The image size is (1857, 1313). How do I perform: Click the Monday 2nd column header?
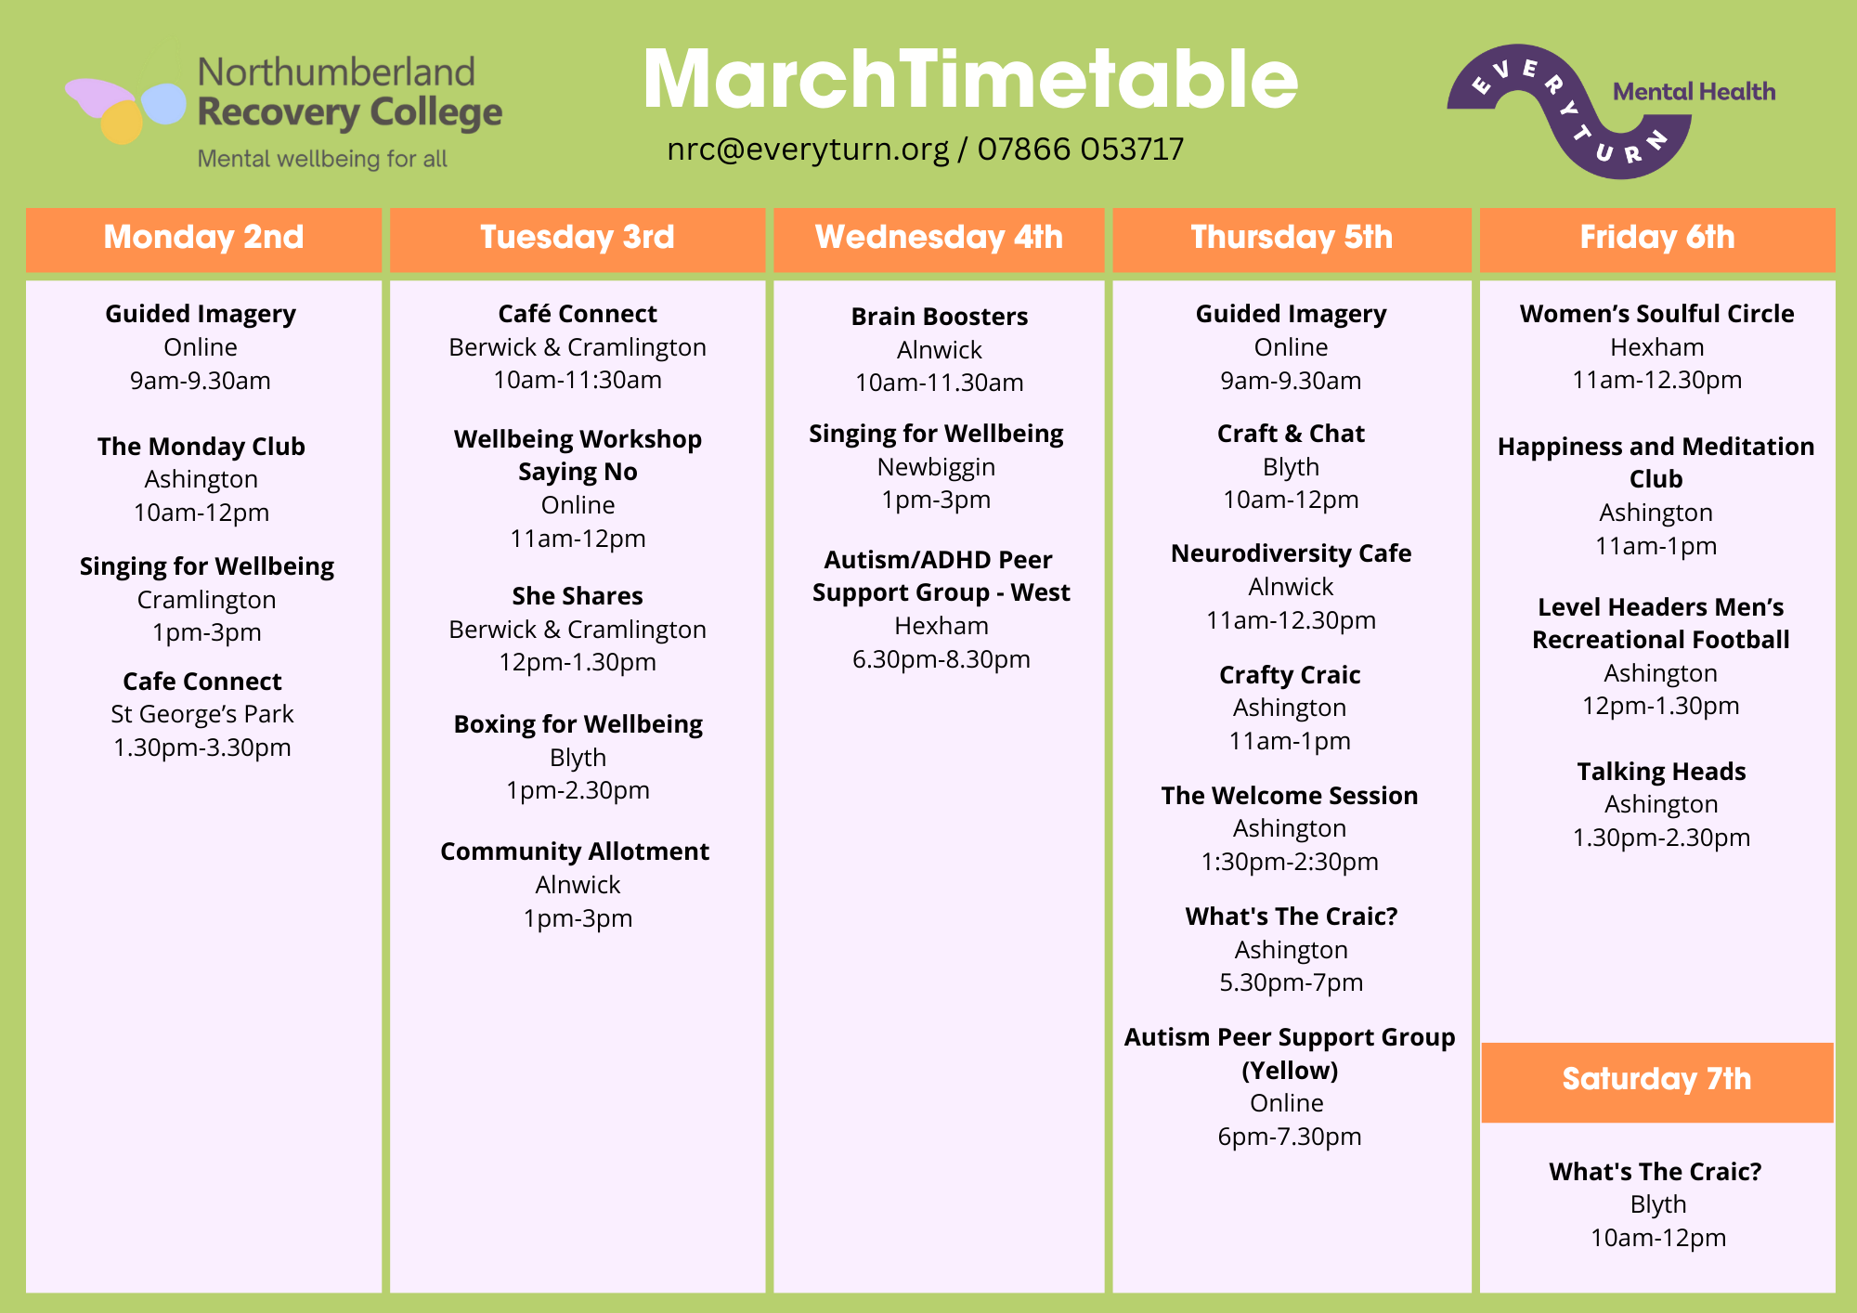pyautogui.click(x=203, y=239)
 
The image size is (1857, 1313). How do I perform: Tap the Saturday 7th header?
pyautogui.click(x=1657, y=1082)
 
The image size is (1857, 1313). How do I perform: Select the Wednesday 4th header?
pyautogui.click(x=939, y=239)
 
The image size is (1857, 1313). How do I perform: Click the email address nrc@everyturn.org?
pyautogui.click(x=808, y=149)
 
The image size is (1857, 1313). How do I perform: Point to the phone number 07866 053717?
pyautogui.click(x=1081, y=149)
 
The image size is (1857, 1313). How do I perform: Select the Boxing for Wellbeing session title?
pyautogui.click(x=578, y=725)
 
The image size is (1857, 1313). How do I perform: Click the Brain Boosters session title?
pyautogui.click(x=940, y=317)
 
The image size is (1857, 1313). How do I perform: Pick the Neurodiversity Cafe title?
pyautogui.click(x=1291, y=553)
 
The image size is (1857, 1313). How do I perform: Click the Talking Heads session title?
pyautogui.click(x=1661, y=772)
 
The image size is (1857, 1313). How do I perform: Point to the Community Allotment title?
pyautogui.click(x=575, y=852)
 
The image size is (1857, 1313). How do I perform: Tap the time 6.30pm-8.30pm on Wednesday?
pyautogui.click(x=941, y=659)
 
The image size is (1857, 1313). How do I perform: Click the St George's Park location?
pyautogui.click(x=202, y=714)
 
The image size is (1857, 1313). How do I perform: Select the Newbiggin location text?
pyautogui.click(x=936, y=467)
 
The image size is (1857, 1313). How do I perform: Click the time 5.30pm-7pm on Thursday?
pyautogui.click(x=1291, y=982)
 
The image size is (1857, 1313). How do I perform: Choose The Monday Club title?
pyautogui.click(x=201, y=447)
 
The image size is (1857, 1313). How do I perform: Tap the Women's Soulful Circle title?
pyautogui.click(x=1657, y=314)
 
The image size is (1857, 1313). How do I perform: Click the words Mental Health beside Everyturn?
pyautogui.click(x=1695, y=92)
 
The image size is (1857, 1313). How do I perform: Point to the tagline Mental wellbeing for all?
pyautogui.click(x=322, y=159)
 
